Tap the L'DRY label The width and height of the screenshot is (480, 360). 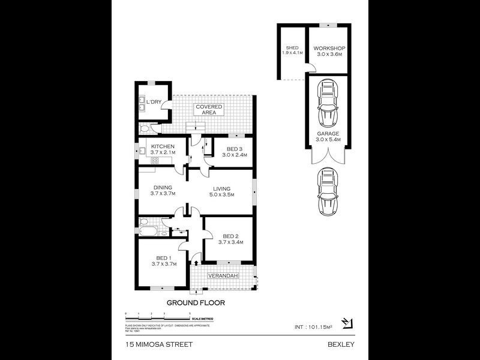154,103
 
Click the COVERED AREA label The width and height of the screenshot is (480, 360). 208,110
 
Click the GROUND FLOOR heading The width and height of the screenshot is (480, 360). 196,303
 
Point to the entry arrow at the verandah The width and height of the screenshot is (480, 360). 196,262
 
